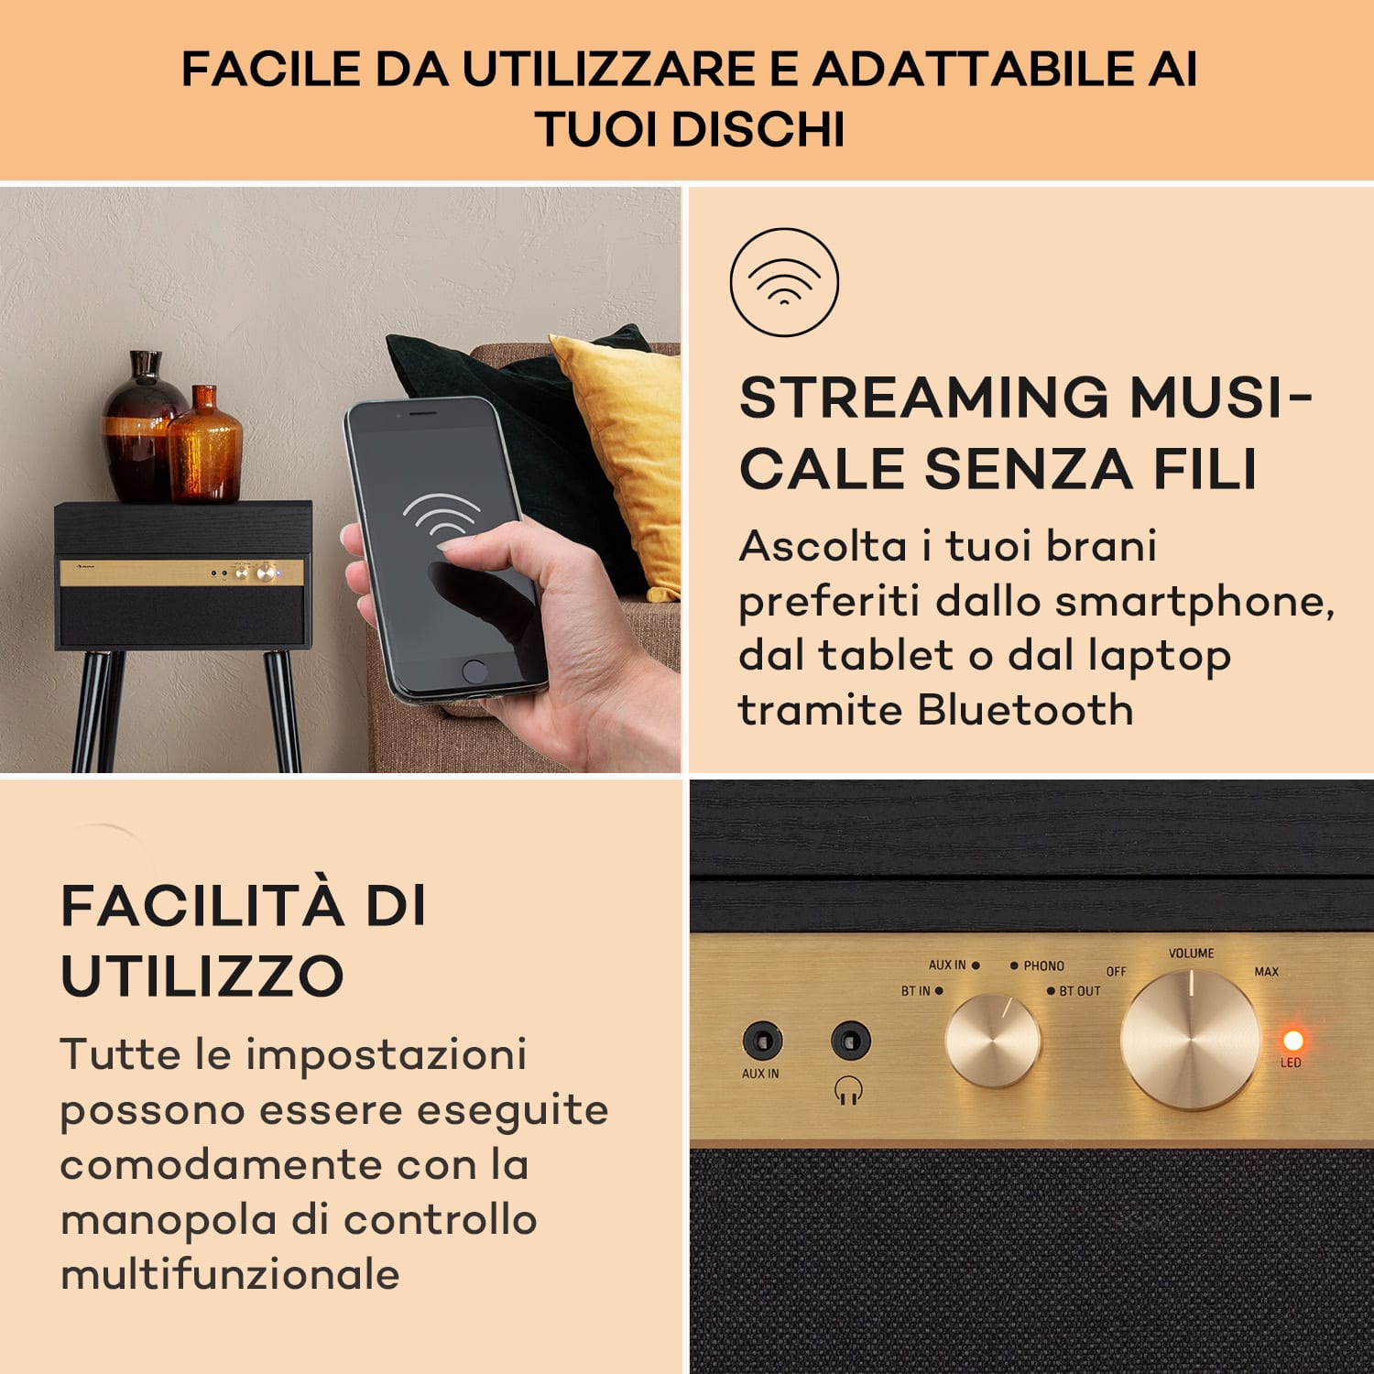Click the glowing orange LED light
click(1292, 1041)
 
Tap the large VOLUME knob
click(1190, 1041)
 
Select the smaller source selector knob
click(992, 1041)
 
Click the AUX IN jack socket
click(761, 1041)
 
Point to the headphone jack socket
click(850, 1041)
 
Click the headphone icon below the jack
click(849, 1090)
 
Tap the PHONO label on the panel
click(1043, 965)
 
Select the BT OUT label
click(1079, 991)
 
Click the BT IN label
click(915, 991)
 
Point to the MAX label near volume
click(1266, 971)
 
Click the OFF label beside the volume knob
click(1116, 971)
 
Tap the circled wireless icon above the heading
click(784, 281)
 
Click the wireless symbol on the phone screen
click(441, 517)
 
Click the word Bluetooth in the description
click(1026, 710)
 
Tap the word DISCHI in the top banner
click(758, 128)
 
